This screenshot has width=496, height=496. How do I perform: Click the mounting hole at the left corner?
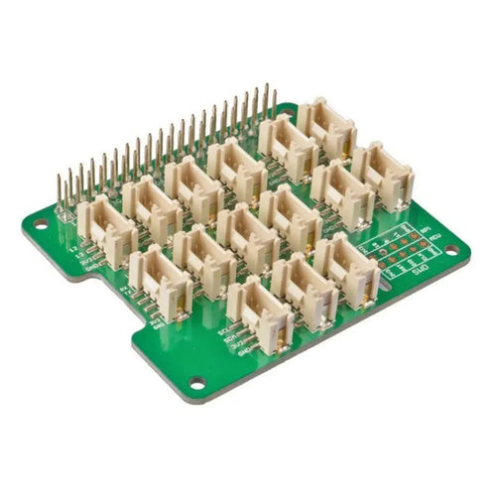coord(41,224)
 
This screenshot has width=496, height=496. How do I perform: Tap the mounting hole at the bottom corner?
coord(197,381)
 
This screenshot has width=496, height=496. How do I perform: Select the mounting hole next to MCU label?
coord(454,249)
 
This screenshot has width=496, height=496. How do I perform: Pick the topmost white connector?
coord(325,128)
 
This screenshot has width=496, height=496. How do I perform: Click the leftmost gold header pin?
coord(61,193)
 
